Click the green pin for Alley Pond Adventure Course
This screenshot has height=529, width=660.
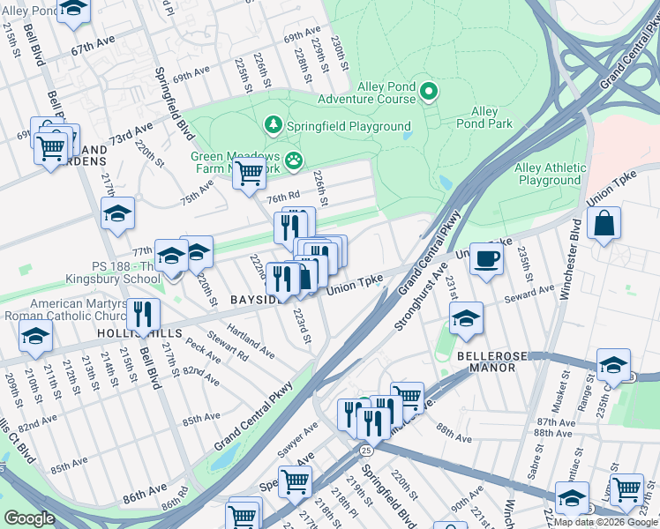tap(429, 91)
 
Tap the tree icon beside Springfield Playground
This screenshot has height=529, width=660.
tap(274, 126)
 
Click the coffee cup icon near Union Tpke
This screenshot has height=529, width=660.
tap(486, 259)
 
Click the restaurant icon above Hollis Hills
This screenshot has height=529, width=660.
tap(142, 314)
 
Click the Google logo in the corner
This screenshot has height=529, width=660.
tap(29, 518)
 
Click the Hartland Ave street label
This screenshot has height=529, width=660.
tap(250, 341)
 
